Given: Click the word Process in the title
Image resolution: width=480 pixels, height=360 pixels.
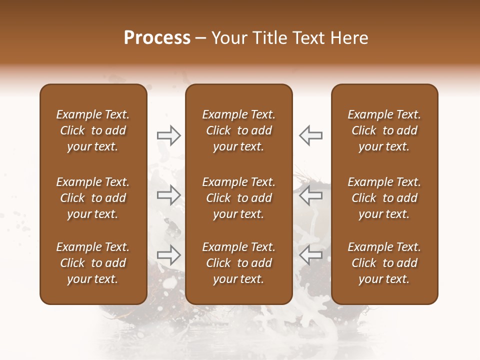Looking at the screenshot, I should click(157, 38).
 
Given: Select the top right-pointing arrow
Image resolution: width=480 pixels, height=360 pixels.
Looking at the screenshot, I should click(168, 135).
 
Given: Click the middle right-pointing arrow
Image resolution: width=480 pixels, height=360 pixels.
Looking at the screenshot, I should click(168, 195).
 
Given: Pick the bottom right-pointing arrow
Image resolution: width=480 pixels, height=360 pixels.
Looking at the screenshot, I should click(168, 255).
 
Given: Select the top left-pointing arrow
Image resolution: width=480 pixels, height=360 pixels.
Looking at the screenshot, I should click(310, 135).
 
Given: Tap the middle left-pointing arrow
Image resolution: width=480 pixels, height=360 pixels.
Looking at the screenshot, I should click(310, 195).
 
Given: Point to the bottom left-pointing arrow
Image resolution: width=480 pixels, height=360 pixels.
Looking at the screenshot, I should click(310, 255).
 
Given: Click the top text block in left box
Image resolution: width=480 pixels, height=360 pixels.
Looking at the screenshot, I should click(93, 130).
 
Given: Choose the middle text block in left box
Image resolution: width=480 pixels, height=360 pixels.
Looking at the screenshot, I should click(93, 198).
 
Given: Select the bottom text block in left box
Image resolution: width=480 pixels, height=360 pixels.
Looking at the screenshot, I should click(93, 263).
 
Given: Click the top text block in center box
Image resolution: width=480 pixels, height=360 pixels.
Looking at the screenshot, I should click(238, 130).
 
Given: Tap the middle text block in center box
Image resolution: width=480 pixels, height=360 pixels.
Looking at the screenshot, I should click(238, 198).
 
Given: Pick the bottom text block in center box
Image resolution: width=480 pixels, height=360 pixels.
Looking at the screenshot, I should click(238, 263).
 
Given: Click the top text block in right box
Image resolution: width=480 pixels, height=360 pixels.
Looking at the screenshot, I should click(384, 130).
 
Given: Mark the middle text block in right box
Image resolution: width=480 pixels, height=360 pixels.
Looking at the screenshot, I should click(384, 198).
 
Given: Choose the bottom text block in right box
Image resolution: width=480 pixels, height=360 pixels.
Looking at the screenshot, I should click(384, 263).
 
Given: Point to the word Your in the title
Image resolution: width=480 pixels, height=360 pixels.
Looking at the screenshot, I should click(228, 38).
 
